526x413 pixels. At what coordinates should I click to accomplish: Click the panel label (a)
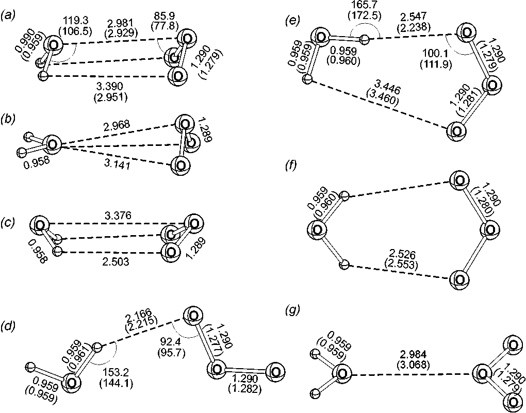point(8,16)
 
